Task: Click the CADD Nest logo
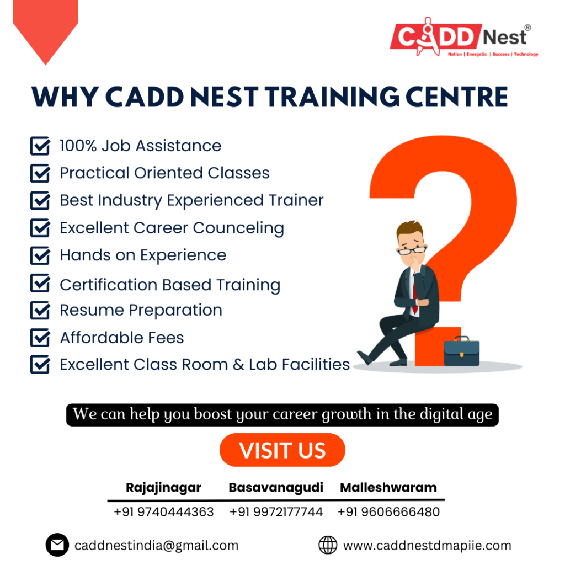pos(464,37)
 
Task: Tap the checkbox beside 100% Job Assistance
pos(40,146)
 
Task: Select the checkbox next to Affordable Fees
pos(40,337)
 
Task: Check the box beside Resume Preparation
pos(40,310)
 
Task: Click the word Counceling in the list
pos(238,228)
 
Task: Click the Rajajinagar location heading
pos(163,488)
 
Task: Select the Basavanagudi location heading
pos(276,488)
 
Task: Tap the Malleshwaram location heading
pos(388,488)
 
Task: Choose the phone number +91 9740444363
pos(163,512)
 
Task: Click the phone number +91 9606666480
pos(388,512)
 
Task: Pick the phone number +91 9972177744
pos(276,512)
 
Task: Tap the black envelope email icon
pos(57,545)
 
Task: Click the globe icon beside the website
pos(328,545)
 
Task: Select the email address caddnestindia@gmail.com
pos(156,546)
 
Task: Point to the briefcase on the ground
pos(462,351)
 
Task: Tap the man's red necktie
pos(414,294)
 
